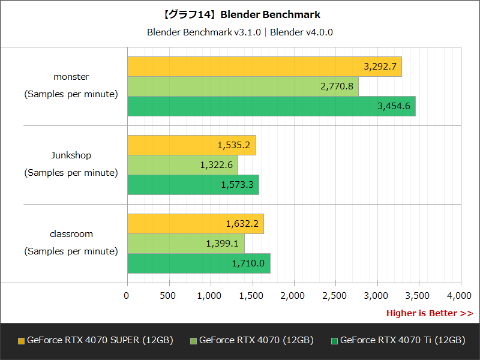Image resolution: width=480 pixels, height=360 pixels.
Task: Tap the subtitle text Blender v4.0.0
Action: coord(301,32)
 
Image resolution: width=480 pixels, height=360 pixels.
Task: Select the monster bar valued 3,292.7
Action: coord(264,67)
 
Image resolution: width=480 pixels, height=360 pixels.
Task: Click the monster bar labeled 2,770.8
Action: coord(242,86)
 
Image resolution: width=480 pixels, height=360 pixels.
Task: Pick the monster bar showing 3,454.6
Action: coord(271,106)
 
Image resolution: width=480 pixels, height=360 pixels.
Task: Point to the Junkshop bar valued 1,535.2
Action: coord(191,145)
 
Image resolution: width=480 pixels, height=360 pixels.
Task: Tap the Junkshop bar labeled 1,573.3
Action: coord(193,185)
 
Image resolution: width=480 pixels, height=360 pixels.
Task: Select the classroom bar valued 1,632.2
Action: coord(195,224)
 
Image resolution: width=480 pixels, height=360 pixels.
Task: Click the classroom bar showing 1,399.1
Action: coord(185,244)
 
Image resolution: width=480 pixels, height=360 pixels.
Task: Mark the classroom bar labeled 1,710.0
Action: coord(199,263)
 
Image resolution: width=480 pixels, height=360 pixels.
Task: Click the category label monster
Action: coord(71,77)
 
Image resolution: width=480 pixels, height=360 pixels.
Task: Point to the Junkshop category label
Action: coord(71,155)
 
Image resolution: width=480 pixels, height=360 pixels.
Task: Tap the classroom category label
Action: coord(71,234)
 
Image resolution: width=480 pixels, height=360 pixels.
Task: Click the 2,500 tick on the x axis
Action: coord(334,295)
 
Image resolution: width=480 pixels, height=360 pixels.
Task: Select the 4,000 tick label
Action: coord(459,295)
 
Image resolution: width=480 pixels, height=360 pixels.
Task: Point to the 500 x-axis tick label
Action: coord(169,295)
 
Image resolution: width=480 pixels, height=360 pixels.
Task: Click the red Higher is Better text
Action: coord(429,313)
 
